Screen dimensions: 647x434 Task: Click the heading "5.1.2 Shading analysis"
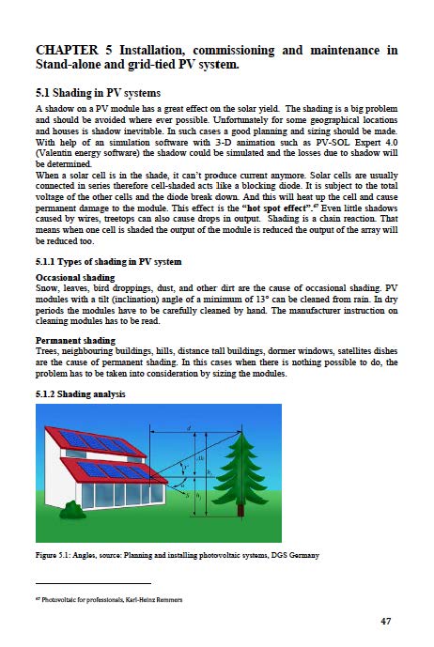click(x=79, y=393)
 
